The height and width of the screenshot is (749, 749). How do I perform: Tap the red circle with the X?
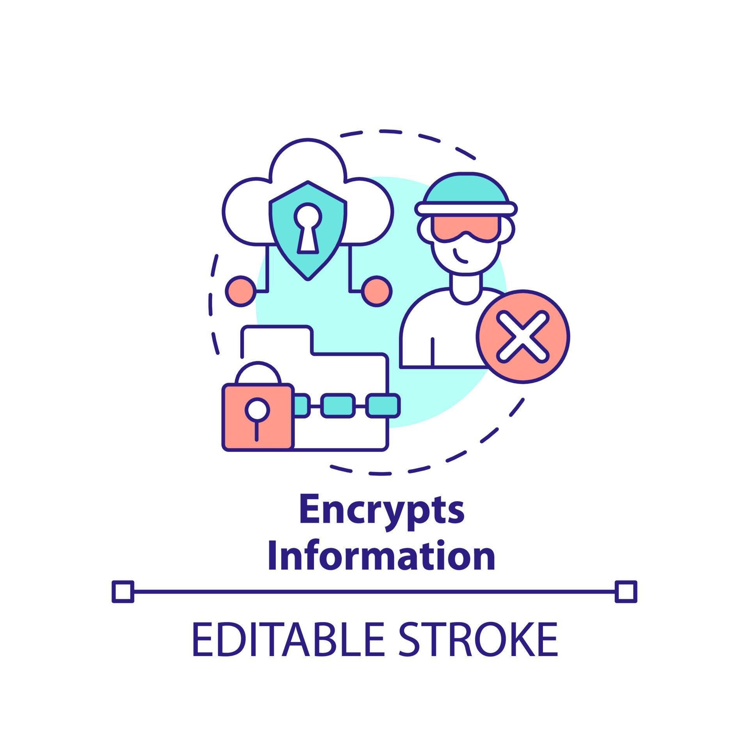pyautogui.click(x=523, y=336)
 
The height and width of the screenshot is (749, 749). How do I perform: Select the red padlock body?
pyautogui.click(x=258, y=417)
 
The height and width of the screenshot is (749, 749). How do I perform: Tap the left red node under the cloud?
pyautogui.click(x=241, y=291)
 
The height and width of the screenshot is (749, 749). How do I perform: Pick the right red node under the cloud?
pyautogui.click(x=376, y=291)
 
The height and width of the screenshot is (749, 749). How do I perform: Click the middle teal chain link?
pyautogui.click(x=338, y=406)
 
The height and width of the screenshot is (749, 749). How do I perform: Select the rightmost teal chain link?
pyautogui.click(x=384, y=406)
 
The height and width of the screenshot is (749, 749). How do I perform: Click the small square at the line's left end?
pyautogui.click(x=123, y=591)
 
